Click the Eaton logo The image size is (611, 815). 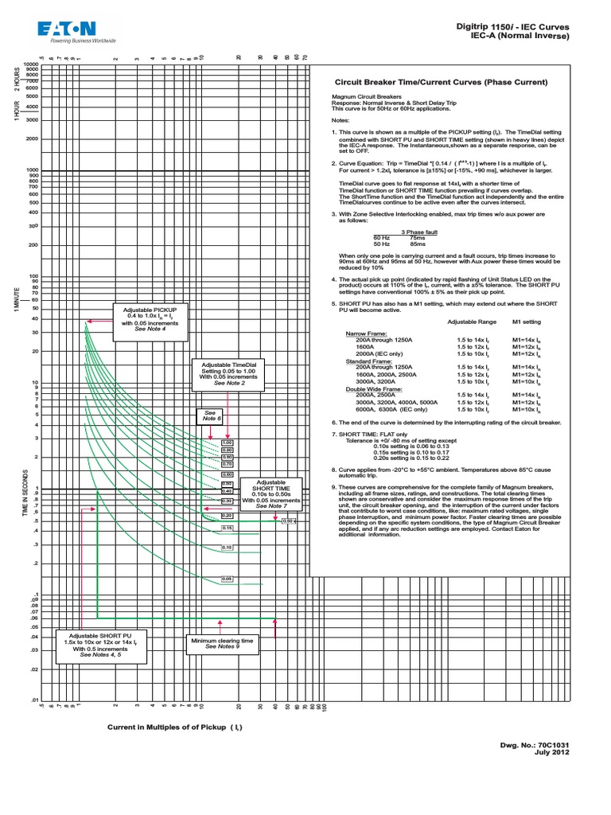click(x=76, y=31)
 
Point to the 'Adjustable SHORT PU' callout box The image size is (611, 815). click(x=101, y=645)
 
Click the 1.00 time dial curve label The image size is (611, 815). click(x=227, y=443)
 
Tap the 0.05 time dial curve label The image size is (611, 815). click(x=227, y=579)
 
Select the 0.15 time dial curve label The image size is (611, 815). click(x=227, y=528)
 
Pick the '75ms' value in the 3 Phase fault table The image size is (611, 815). click(x=417, y=237)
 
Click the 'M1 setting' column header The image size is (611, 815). click(x=527, y=322)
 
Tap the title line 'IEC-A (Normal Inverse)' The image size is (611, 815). click(x=520, y=36)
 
